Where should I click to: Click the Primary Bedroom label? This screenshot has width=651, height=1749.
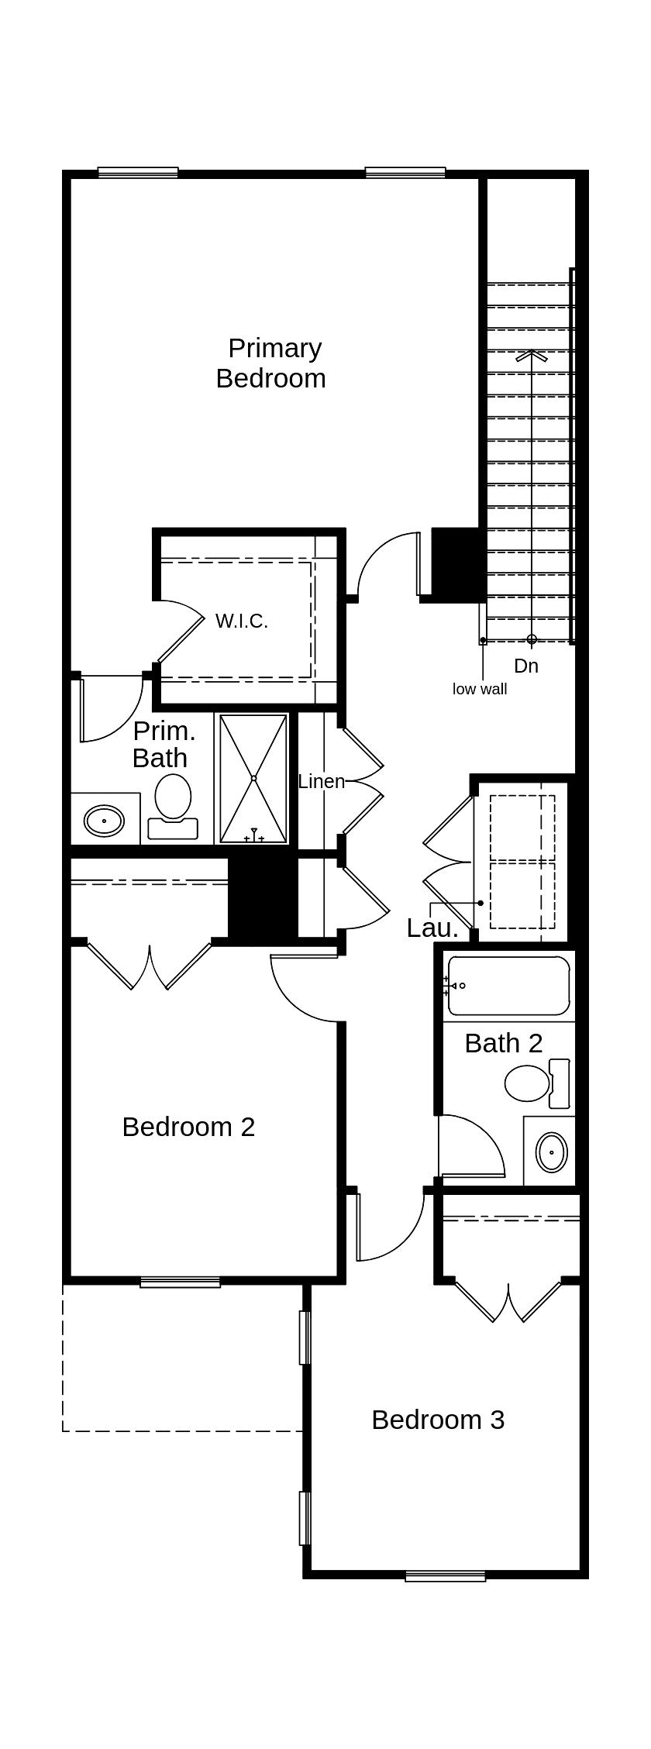(271, 363)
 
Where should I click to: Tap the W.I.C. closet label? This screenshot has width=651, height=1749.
(241, 621)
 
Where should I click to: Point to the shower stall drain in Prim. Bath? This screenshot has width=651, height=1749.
(253, 778)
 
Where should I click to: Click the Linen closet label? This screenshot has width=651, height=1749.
(321, 781)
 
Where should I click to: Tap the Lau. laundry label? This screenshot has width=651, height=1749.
(432, 928)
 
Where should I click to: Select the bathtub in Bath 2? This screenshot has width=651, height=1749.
(508, 986)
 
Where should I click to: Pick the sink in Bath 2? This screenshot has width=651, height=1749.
(551, 1152)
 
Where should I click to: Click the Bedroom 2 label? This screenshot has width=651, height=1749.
(188, 1127)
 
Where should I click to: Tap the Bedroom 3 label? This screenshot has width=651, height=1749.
(438, 1420)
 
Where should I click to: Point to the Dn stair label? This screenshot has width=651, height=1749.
(526, 666)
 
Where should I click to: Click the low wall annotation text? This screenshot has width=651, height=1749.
(480, 689)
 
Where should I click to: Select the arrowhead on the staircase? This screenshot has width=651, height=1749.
(532, 356)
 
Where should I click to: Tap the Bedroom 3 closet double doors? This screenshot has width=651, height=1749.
(508, 1300)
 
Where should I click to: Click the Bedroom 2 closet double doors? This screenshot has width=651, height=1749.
(150, 966)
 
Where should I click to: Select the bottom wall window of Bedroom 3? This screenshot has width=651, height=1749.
(445, 1575)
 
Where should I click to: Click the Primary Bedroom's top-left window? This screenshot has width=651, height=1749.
(138, 173)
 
